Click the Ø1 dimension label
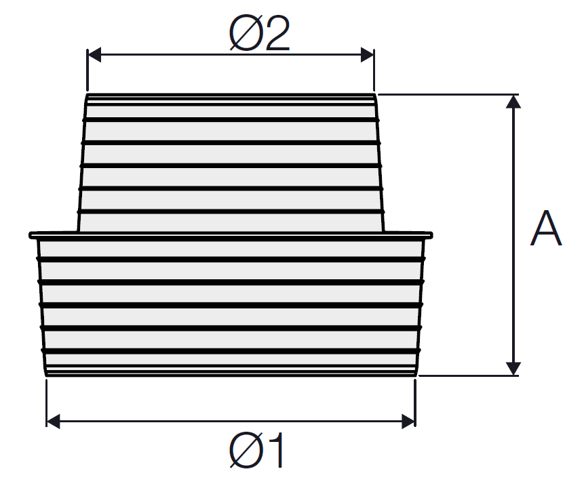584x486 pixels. click(x=257, y=450)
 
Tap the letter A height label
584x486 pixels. click(x=545, y=228)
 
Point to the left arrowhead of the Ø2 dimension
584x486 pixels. click(x=94, y=55)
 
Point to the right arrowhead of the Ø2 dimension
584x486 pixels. click(x=367, y=55)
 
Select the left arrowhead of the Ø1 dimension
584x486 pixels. click(x=53, y=421)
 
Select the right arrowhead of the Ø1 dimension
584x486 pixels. click(x=408, y=421)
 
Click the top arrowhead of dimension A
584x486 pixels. click(x=513, y=101)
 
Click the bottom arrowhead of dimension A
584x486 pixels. click(x=513, y=369)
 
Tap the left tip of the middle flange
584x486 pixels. click(x=29, y=235)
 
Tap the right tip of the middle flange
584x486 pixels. click(x=432, y=235)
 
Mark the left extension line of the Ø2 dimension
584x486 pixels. click(x=87, y=70)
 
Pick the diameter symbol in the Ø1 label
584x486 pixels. click(x=245, y=450)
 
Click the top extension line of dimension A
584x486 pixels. click(x=448, y=94)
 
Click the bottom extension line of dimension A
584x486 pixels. click(x=469, y=376)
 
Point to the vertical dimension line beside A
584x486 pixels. click(x=513, y=235)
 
